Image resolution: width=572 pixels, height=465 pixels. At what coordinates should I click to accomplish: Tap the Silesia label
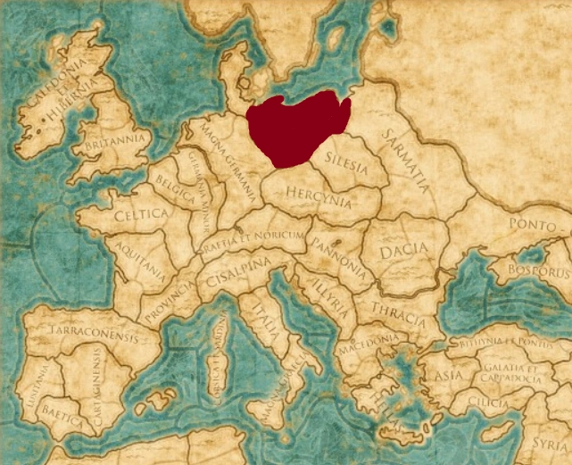click(347, 163)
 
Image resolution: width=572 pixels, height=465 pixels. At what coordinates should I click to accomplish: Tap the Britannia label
click(113, 140)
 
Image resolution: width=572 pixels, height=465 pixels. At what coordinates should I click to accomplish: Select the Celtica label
click(140, 215)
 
